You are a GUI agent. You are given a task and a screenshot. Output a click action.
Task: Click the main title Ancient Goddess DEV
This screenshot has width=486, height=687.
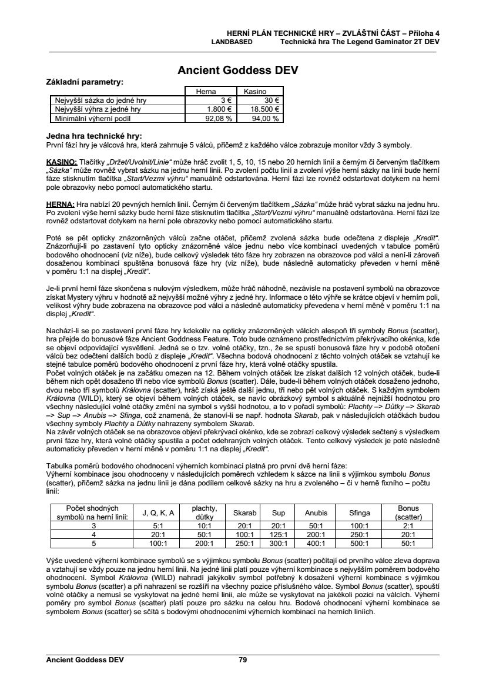tap(238, 71)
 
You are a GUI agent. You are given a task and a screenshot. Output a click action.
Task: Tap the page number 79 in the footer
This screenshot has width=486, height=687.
tap(243, 660)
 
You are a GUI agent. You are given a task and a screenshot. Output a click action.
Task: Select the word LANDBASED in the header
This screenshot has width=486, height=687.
tap(232, 42)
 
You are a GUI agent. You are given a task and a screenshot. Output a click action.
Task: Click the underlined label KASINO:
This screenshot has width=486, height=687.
tap(61, 161)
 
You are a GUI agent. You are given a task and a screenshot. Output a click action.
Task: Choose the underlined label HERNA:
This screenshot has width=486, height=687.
tap(59, 203)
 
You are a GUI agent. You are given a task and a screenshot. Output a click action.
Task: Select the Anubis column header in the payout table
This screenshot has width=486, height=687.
tap(316, 512)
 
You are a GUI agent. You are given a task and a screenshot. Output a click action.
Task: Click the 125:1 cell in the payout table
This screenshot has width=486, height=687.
tap(278, 535)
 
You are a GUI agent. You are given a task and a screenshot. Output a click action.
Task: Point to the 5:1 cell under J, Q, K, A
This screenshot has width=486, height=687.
tap(157, 526)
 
